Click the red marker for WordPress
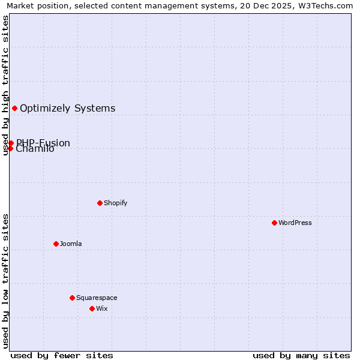(274, 223)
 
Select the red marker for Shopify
(100, 203)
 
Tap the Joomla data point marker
(56, 244)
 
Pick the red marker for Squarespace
(72, 298)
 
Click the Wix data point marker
(92, 308)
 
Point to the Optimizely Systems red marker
(14, 108)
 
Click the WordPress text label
(295, 223)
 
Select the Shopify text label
(116, 203)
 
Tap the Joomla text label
(71, 244)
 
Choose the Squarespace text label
(97, 298)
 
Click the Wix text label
(102, 308)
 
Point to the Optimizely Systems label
(68, 109)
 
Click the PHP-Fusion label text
(43, 143)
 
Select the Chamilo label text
(35, 149)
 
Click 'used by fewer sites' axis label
(62, 355)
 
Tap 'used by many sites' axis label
(301, 355)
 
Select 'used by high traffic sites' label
(5, 85)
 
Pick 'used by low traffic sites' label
(5, 281)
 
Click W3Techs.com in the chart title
(324, 5)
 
